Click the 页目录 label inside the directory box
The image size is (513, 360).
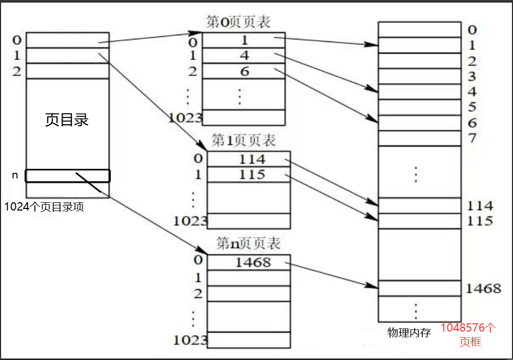(x=67, y=120)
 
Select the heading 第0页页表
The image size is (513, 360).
(x=238, y=22)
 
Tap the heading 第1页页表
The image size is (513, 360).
(x=244, y=140)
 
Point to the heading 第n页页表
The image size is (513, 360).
(x=248, y=243)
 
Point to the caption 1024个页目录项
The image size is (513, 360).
(x=44, y=207)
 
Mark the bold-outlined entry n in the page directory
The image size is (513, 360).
(x=67, y=176)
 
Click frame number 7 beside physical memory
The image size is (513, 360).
(x=472, y=139)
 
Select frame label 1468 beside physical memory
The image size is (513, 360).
(x=483, y=288)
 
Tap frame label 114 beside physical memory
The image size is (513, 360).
(x=479, y=206)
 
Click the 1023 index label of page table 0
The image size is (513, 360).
(x=185, y=117)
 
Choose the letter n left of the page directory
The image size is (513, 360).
(x=15, y=175)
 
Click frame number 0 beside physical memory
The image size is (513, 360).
(x=472, y=29)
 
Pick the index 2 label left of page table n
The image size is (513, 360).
(x=198, y=293)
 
